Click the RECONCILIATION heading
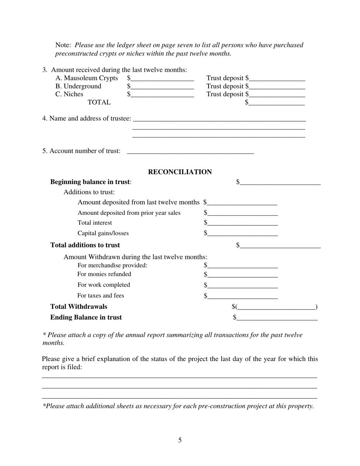pos(180,172)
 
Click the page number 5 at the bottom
pos(180,440)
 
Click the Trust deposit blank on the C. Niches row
pos(277,95)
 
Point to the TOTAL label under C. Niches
pos(99,102)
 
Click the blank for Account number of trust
pos(190,152)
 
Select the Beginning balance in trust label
pos(91,182)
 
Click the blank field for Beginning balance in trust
pos(280,183)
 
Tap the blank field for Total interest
pos(243,223)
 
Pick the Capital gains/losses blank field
pos(243,234)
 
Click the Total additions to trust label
pos(85,245)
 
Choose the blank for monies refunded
pos(243,275)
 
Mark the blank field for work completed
pos(243,285)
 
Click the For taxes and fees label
pos(101,296)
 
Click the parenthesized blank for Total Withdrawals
pos(276,307)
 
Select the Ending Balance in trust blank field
pos(277,318)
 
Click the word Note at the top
pos(63,45)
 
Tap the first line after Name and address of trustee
pos(219,119)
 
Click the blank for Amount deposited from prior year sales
pos(243,213)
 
